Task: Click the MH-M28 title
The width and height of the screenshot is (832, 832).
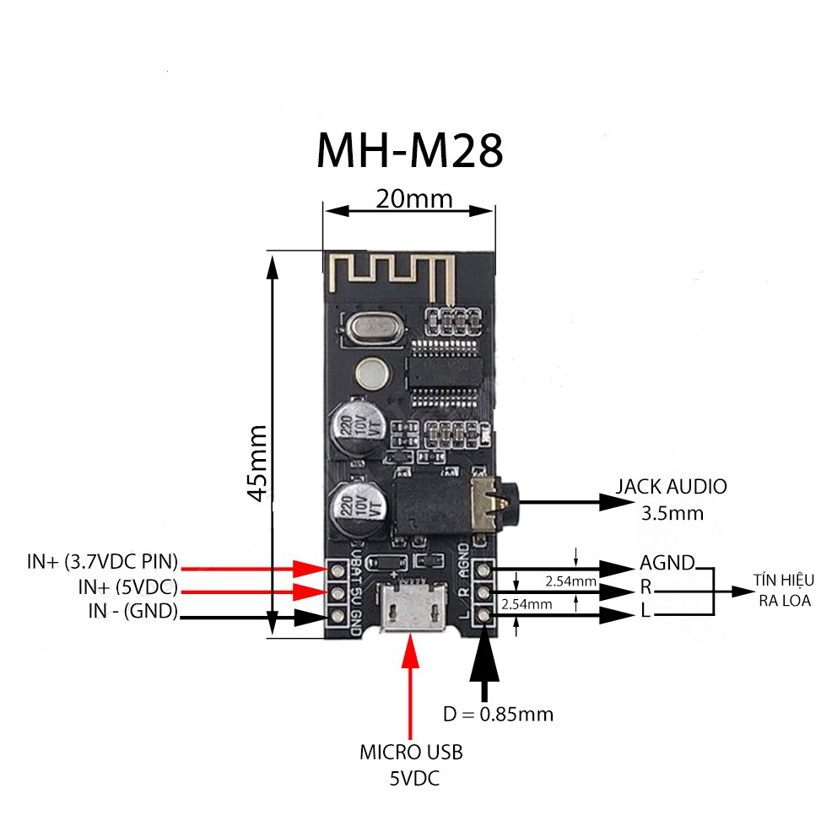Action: (409, 151)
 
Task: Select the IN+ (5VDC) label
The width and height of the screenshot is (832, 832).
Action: (127, 586)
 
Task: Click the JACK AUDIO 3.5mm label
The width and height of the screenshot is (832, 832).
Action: (671, 499)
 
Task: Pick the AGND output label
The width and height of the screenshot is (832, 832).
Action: (667, 563)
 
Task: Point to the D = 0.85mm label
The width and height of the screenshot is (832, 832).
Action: (498, 714)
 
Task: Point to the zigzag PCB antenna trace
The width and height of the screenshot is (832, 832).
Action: (388, 274)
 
